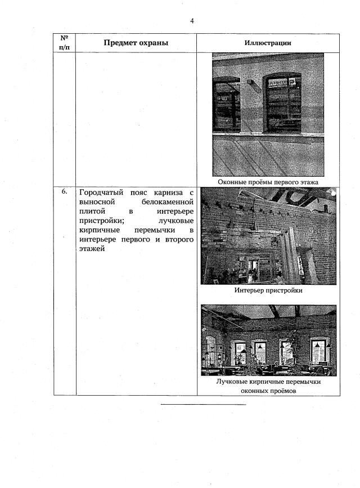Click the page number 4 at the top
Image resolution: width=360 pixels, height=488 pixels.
[x=192, y=21]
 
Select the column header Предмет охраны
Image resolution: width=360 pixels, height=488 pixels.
[x=136, y=43]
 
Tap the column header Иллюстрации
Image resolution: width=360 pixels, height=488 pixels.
[x=268, y=43]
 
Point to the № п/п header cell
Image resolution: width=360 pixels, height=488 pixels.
[x=65, y=43]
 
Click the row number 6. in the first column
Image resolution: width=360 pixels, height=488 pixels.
[x=65, y=191]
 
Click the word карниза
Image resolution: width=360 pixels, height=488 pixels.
[x=168, y=191]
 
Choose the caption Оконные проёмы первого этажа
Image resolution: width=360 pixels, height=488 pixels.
[x=268, y=182]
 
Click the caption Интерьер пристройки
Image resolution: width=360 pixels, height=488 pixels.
[x=268, y=290]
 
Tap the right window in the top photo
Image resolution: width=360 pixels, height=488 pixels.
[x=283, y=102]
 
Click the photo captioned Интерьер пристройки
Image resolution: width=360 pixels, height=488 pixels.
[x=268, y=236]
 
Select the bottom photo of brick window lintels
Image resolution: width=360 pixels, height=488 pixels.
[x=268, y=340]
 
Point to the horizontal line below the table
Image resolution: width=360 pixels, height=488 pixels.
[x=204, y=404]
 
